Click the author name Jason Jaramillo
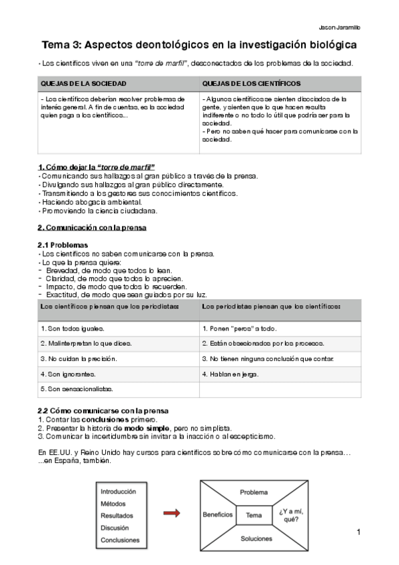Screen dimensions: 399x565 (x=341, y=27)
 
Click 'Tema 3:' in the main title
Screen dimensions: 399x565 (x=65, y=45)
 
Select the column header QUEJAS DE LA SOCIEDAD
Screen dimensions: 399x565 (x=83, y=83)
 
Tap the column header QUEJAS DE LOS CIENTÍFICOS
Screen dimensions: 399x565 (x=251, y=83)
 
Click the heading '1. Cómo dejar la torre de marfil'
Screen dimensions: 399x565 (x=96, y=166)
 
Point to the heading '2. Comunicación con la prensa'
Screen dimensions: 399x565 (x=92, y=227)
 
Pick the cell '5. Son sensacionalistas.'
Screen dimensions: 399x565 (x=77, y=388)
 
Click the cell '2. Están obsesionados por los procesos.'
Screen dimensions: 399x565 (x=263, y=343)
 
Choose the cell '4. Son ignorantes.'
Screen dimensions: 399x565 (x=68, y=374)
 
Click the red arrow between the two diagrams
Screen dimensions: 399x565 (x=172, y=513)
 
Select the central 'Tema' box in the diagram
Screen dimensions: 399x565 (x=254, y=515)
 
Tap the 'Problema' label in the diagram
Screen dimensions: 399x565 (x=254, y=492)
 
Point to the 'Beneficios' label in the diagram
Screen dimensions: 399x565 (x=218, y=514)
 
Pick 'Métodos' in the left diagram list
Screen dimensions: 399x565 (x=113, y=503)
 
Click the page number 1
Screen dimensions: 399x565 (x=358, y=532)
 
